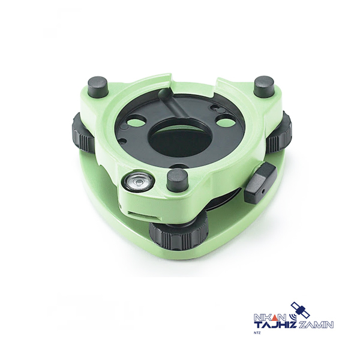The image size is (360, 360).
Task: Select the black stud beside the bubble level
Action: (x=177, y=179)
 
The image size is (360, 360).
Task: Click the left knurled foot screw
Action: (x=83, y=133)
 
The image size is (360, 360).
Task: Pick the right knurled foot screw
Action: (x=280, y=132)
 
